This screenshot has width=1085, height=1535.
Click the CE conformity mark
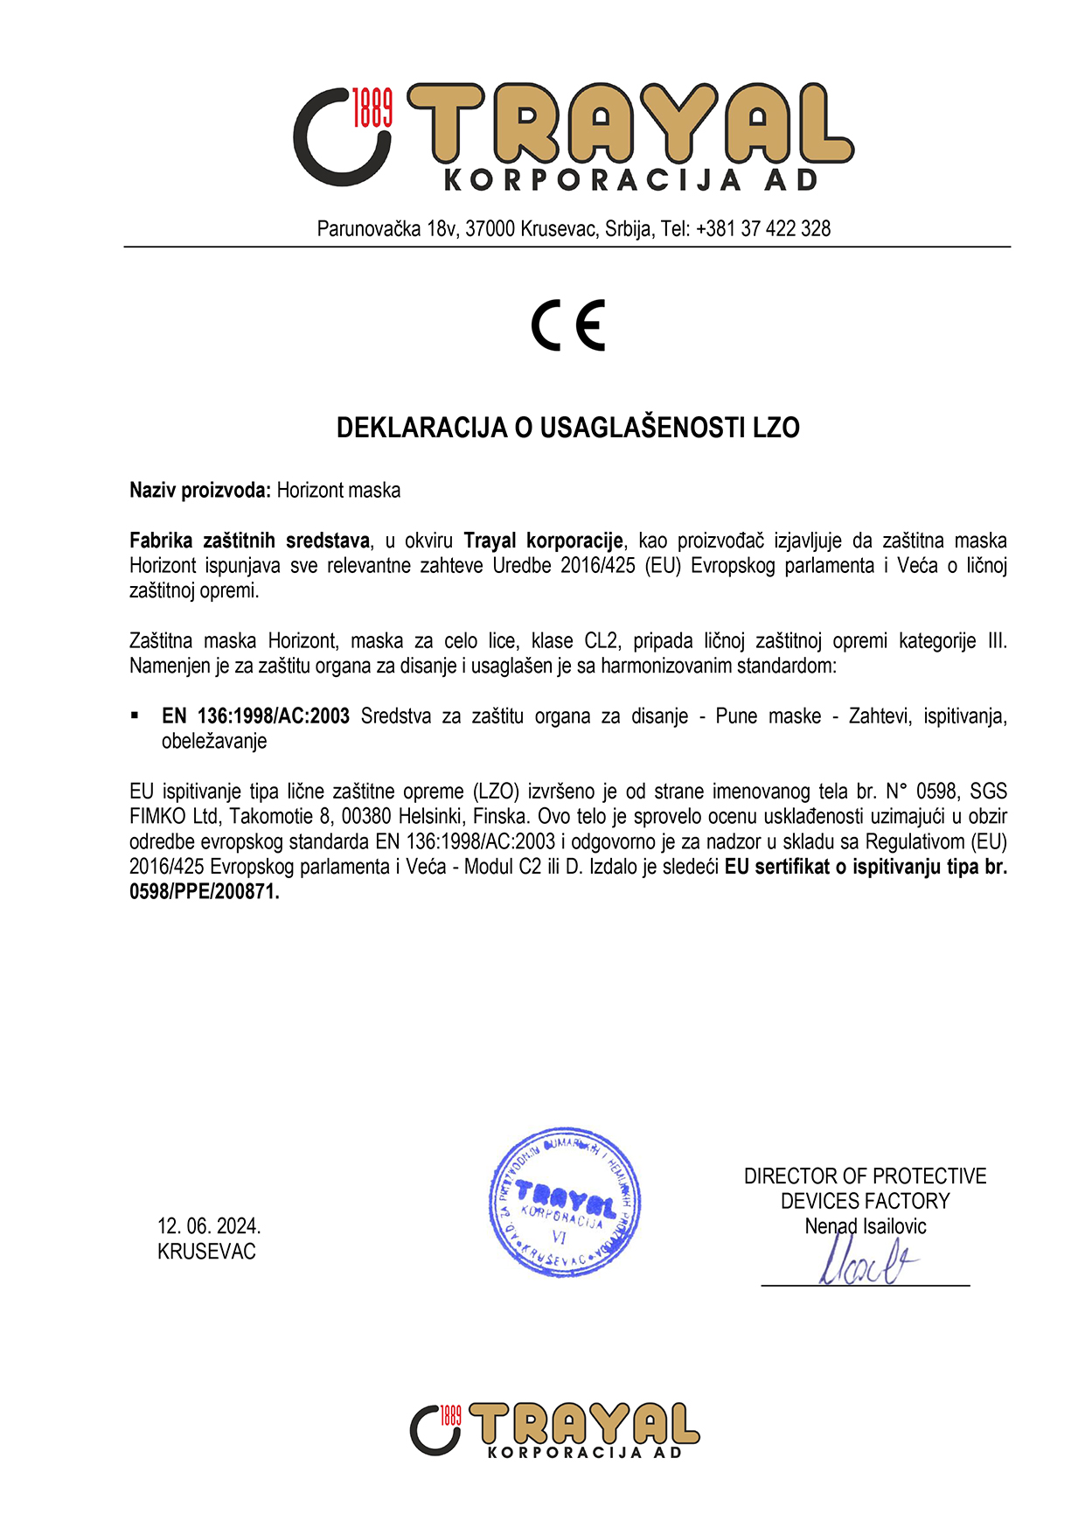pyautogui.click(x=568, y=325)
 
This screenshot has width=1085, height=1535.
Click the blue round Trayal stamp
pyautogui.click(x=565, y=1201)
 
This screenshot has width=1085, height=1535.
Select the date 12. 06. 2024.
pyautogui.click(x=209, y=1225)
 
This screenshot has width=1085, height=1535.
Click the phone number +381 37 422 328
pyautogui.click(x=763, y=229)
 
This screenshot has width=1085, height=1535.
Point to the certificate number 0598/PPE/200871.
pyautogui.click(x=203, y=892)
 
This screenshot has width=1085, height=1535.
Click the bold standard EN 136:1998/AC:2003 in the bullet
pyautogui.click(x=255, y=716)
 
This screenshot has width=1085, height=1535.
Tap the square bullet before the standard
pyautogui.click(x=135, y=715)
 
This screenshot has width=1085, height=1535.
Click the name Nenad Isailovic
pyautogui.click(x=865, y=1226)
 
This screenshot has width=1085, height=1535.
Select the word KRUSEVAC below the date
pyautogui.click(x=206, y=1252)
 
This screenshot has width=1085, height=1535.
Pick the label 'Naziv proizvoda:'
pyautogui.click(x=200, y=491)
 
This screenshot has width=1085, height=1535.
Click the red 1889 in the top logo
pyautogui.click(x=372, y=108)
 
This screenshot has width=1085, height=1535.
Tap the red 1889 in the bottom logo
pyautogui.click(x=450, y=1414)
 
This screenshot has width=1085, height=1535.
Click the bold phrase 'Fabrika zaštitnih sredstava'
pyautogui.click(x=249, y=541)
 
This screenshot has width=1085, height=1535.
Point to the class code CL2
pyautogui.click(x=602, y=641)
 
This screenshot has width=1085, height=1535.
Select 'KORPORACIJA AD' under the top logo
pyautogui.click(x=631, y=180)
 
